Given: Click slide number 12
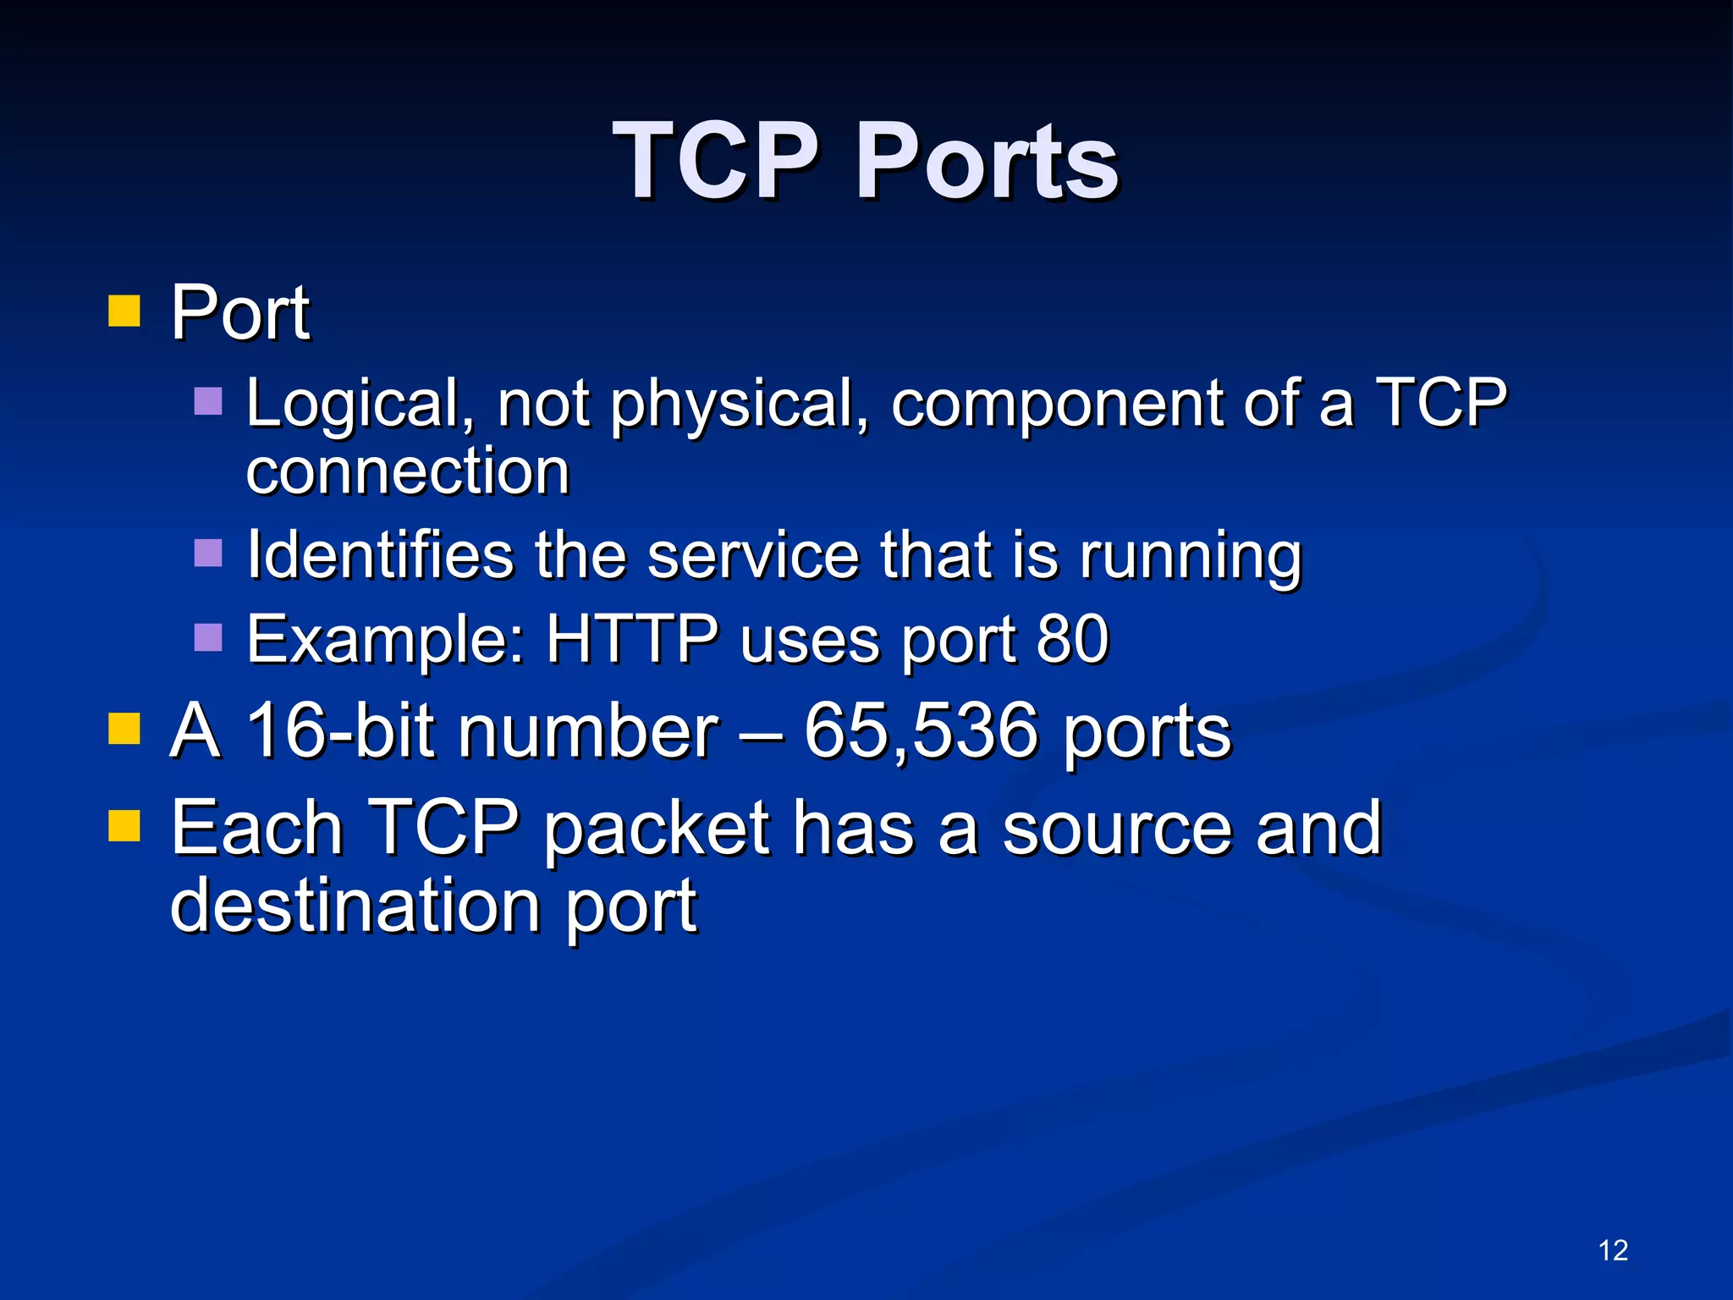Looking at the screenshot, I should (1613, 1250).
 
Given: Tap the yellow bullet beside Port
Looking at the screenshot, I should (124, 311).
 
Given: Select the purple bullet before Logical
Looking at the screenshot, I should (208, 401).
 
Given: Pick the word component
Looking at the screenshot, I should (1057, 405).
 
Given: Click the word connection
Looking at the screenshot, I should (408, 471).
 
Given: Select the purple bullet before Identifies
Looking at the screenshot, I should (208, 554).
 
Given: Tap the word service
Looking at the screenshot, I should (753, 556).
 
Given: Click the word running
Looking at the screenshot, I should (1191, 558).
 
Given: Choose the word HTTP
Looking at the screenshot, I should (632, 639).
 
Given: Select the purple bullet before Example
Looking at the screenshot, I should (208, 637).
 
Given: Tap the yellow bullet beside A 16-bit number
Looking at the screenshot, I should (124, 728).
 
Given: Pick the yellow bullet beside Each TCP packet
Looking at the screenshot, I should (124, 826).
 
